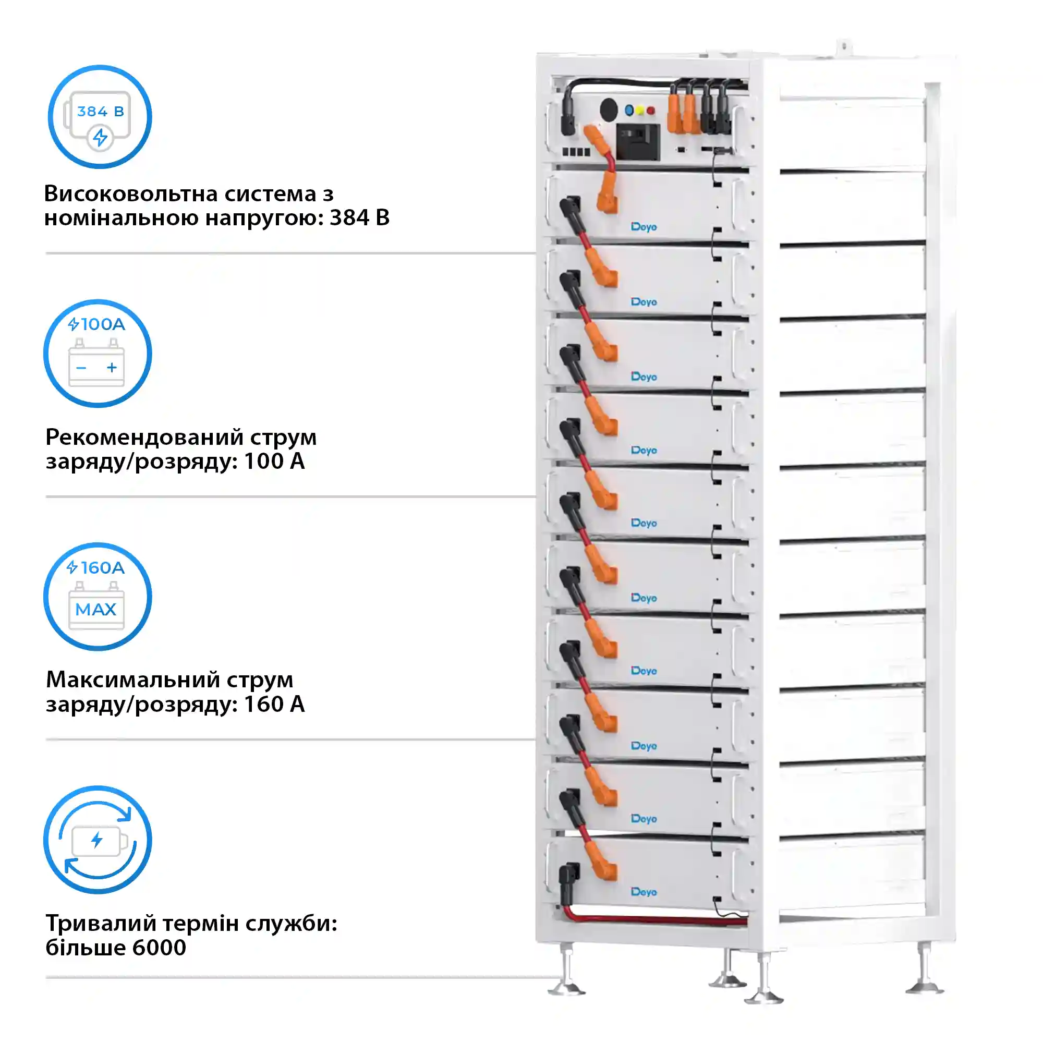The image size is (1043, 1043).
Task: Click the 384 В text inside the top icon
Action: tap(101, 112)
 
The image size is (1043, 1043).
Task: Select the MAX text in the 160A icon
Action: tap(96, 610)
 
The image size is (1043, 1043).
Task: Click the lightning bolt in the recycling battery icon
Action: tap(96, 840)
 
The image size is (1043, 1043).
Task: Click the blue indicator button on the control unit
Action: tap(629, 110)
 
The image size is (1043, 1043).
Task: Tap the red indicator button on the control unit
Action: tap(651, 110)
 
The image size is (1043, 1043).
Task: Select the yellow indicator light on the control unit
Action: tap(640, 110)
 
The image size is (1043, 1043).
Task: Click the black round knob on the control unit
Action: tap(609, 110)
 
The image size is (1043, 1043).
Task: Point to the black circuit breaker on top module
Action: tap(638, 141)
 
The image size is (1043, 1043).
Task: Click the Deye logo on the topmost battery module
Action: tap(644, 227)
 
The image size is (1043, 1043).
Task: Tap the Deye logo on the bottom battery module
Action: tap(644, 892)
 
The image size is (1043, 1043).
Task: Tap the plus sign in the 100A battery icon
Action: tap(112, 368)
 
